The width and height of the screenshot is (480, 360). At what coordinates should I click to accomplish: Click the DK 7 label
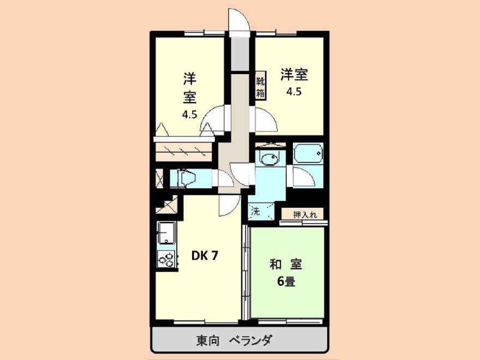205,255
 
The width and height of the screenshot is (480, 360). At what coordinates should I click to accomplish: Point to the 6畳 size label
286,282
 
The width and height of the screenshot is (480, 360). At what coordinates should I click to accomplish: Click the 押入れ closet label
304,214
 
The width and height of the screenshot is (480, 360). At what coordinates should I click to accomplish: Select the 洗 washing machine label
255,210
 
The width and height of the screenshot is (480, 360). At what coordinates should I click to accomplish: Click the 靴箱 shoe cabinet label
261,86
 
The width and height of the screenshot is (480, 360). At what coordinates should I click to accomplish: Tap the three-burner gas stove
167,260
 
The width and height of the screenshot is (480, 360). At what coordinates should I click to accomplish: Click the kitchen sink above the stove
166,233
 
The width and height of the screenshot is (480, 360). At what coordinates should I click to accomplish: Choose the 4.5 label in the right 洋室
293,91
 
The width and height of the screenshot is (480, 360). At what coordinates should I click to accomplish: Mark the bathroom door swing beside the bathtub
301,178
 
